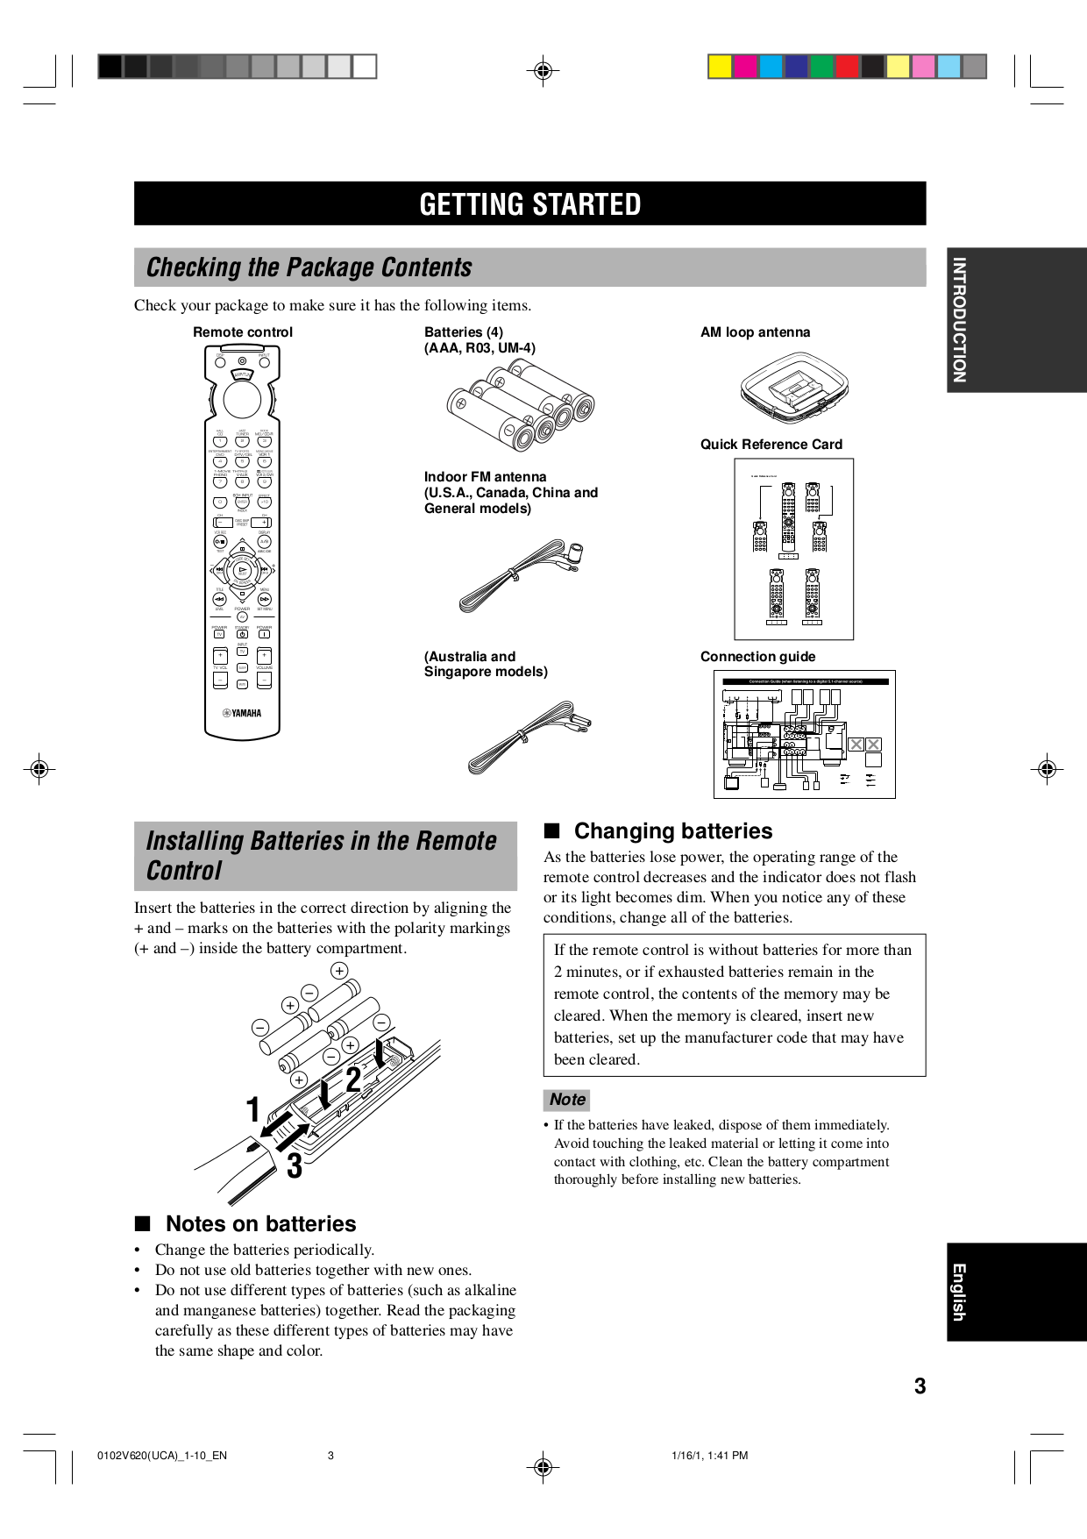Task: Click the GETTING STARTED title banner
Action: (529, 203)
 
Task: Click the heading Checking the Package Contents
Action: (309, 267)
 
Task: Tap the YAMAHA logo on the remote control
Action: (242, 713)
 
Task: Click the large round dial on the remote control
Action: (242, 400)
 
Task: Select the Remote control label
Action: (243, 332)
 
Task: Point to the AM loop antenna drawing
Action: (793, 386)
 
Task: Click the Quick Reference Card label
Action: (771, 445)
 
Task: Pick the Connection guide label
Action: (757, 657)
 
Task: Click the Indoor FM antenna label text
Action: (510, 492)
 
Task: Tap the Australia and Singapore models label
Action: (486, 664)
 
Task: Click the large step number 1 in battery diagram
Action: (253, 1109)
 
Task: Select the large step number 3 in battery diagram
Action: (295, 1166)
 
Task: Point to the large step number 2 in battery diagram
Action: (353, 1079)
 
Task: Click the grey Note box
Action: (567, 1100)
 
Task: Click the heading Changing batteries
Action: (672, 831)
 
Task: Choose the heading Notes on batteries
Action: (260, 1224)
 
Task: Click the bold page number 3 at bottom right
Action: (920, 1386)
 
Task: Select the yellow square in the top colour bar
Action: (720, 67)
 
